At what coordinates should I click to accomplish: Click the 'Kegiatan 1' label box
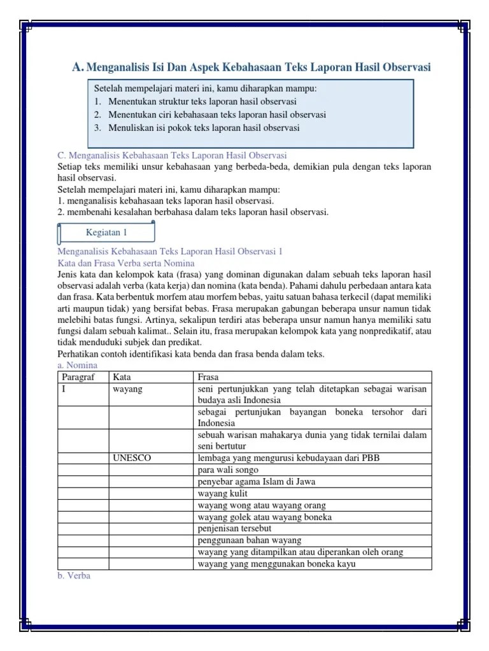click(106, 233)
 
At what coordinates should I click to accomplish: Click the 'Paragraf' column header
click(77, 377)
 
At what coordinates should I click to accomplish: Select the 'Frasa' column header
click(209, 377)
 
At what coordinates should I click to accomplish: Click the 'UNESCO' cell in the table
click(132, 458)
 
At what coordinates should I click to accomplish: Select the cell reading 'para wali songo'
click(228, 470)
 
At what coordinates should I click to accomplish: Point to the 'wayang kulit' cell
click(223, 493)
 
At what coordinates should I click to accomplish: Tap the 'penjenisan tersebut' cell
click(235, 528)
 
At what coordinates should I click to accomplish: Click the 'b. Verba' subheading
click(74, 575)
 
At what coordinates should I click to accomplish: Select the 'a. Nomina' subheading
click(78, 365)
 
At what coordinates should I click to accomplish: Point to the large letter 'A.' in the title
click(78, 67)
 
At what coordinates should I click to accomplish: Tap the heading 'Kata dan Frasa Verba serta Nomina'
click(126, 263)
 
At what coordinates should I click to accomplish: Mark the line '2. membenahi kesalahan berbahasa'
click(193, 212)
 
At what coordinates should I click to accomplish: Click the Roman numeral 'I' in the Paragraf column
click(64, 388)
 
